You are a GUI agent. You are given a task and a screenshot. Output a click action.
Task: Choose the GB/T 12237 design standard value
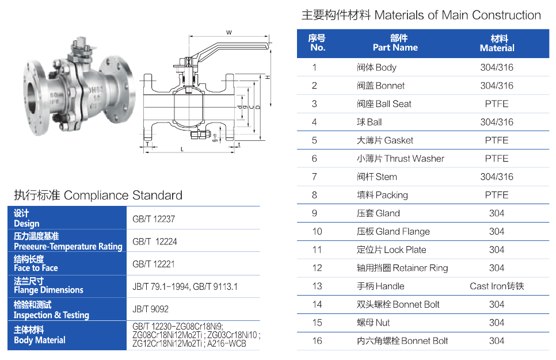coord(154,219)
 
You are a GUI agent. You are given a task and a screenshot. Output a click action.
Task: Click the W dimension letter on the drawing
coord(229,32)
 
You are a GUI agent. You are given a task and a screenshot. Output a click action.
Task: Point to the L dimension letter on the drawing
coord(181,149)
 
